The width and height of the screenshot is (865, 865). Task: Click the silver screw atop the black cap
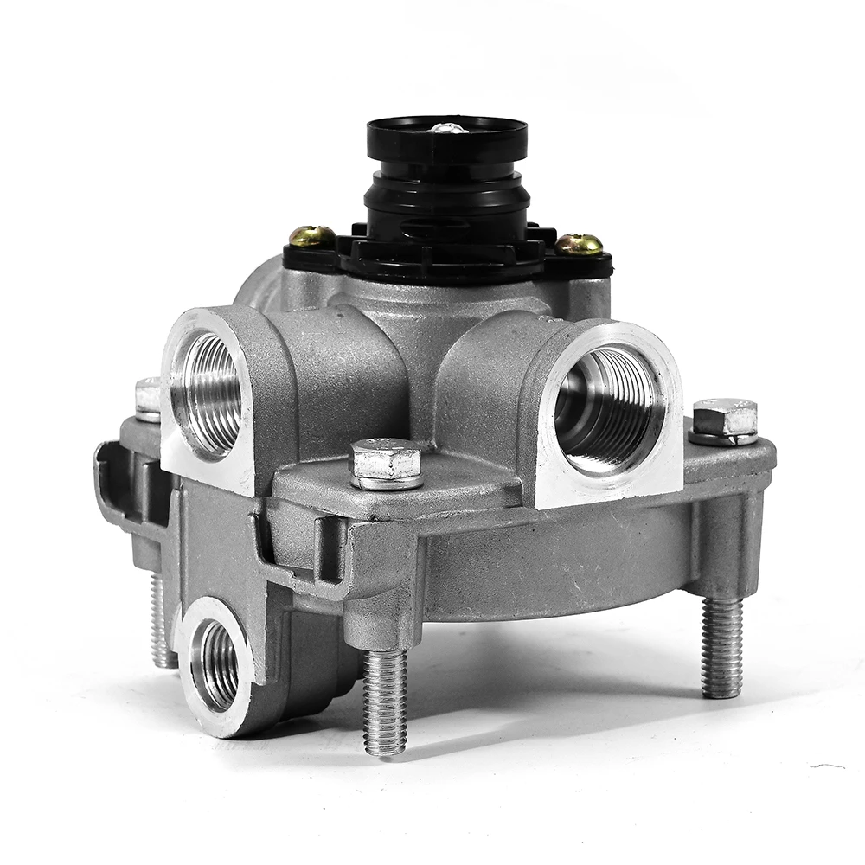coord(447,129)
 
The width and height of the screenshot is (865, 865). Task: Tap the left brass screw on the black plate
coord(312,235)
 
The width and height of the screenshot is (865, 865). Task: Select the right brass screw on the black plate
coord(579,244)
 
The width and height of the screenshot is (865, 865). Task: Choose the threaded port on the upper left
coord(207,394)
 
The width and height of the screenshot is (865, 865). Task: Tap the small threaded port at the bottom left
coord(214,665)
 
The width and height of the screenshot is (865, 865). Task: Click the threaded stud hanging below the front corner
coord(385,701)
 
